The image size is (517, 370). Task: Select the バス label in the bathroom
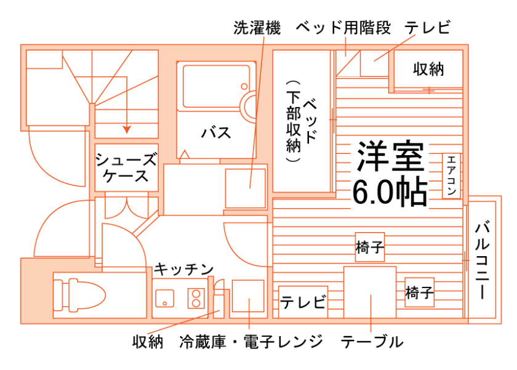pos(217,132)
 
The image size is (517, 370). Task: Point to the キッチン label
pos(183,270)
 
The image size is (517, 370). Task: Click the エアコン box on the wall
pos(451,175)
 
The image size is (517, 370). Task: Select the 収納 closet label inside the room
pos(428,69)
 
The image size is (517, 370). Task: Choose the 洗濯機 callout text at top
pos(257,28)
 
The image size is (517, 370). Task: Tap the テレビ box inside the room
pos(303,302)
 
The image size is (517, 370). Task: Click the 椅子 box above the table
pos(370,247)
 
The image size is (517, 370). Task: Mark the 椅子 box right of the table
pos(420,293)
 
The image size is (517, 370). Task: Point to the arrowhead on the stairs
pos(126,129)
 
